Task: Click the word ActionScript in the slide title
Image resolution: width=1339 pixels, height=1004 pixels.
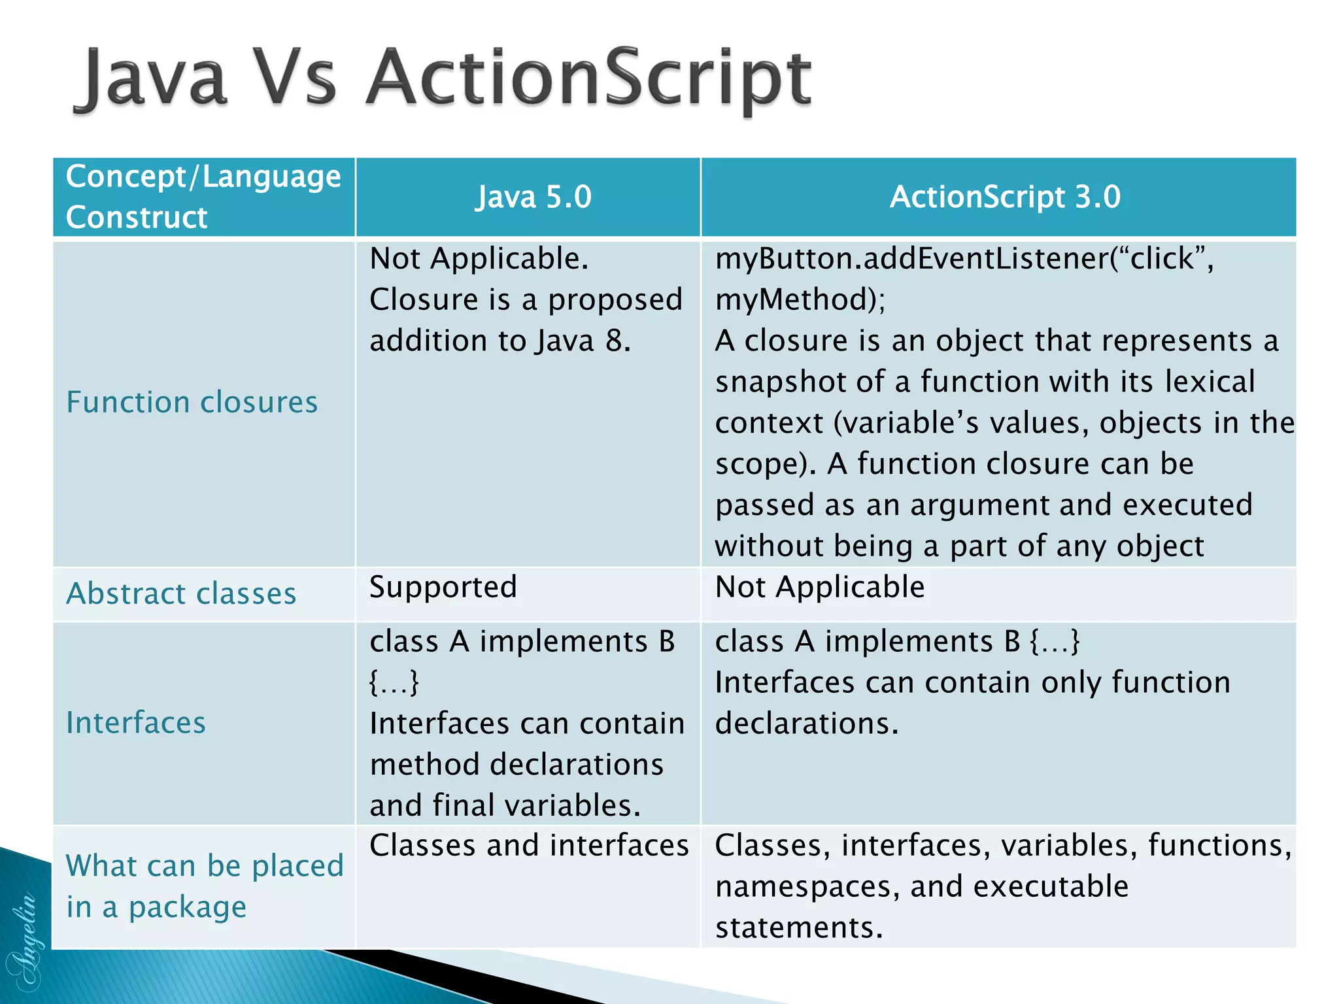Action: [x=588, y=78]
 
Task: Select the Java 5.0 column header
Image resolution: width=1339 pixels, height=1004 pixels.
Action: [x=533, y=197]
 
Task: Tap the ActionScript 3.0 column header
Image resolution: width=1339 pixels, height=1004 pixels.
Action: [x=1005, y=197]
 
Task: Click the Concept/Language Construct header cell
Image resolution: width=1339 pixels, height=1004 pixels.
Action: [x=203, y=197]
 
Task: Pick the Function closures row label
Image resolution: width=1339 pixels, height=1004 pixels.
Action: [x=192, y=402]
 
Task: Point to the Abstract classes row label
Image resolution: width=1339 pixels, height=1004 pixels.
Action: [x=181, y=594]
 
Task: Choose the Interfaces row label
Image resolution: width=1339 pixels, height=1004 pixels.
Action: [x=136, y=723]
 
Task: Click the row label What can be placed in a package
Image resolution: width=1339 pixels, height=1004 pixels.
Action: [x=204, y=886]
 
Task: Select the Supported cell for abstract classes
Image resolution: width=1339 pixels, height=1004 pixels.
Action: [x=443, y=587]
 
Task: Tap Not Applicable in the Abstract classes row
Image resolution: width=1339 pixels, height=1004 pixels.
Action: [x=820, y=587]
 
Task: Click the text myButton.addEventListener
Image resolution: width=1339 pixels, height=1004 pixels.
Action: [x=912, y=259]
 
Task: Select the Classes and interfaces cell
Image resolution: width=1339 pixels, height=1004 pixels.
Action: [x=529, y=845]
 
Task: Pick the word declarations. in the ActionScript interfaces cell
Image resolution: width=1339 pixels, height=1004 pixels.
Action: [x=807, y=724]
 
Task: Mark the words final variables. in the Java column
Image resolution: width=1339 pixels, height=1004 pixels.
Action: [x=536, y=805]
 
